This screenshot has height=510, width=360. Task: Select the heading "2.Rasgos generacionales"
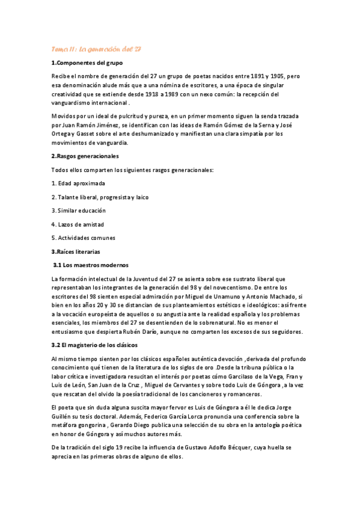tap(85, 156)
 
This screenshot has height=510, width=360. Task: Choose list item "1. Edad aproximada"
tap(78, 183)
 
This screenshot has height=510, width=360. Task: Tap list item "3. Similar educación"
tap(79, 210)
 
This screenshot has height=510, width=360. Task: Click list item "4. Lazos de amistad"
tap(78, 224)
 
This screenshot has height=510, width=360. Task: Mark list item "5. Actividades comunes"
tap(83, 238)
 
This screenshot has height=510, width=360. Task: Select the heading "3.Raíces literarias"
tap(76, 251)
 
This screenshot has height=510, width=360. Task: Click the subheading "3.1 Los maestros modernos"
tap(91, 265)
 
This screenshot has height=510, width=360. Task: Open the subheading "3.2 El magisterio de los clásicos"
tap(95, 345)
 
